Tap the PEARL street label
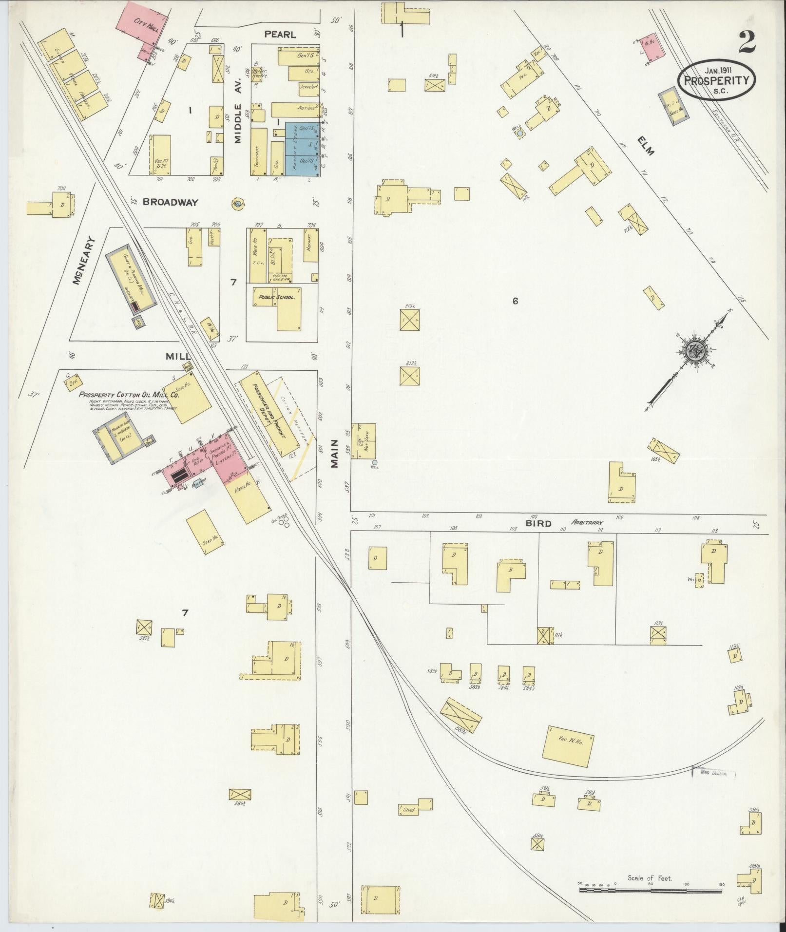[x=280, y=35]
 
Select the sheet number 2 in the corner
[x=747, y=42]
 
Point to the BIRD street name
[x=538, y=524]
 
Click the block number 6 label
[x=515, y=302]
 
